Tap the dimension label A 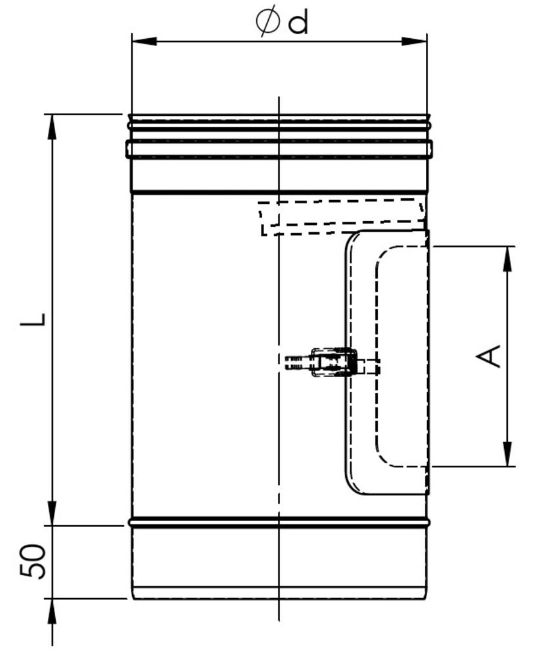pos(489,356)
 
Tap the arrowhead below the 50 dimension pos(52,612)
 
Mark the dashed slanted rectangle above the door pos(342,216)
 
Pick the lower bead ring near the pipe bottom pos(279,523)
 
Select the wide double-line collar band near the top pos(279,149)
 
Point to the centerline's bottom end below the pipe pos(279,619)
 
